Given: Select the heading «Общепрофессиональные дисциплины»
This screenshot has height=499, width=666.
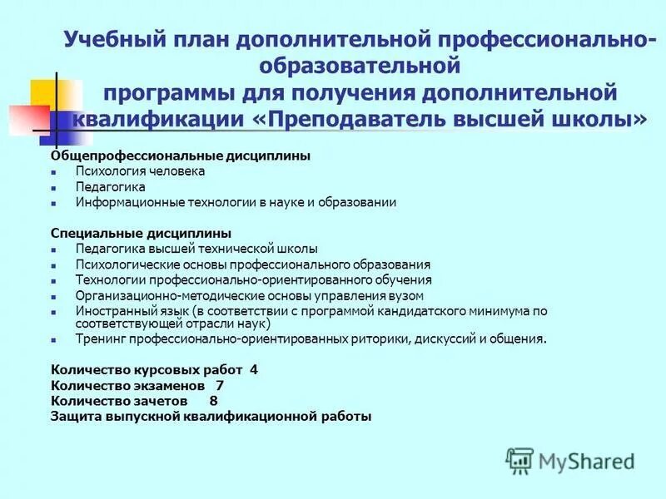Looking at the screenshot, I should (x=181, y=156).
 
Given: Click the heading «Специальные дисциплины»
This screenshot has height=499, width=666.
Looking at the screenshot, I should (x=141, y=233).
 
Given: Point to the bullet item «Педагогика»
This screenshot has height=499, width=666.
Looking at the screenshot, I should (x=110, y=186).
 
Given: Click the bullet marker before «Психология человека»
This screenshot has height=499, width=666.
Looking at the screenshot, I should (x=53, y=172).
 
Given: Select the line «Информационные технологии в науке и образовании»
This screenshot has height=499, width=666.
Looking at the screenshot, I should (x=236, y=202).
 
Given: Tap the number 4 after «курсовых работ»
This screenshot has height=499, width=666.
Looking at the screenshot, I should (x=254, y=369).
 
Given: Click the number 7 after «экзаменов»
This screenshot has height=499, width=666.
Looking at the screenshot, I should (x=219, y=385).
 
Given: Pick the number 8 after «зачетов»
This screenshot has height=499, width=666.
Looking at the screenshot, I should (x=213, y=401).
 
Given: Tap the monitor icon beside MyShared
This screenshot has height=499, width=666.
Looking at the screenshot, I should (x=519, y=460).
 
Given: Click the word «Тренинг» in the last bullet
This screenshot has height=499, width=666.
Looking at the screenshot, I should (x=97, y=339).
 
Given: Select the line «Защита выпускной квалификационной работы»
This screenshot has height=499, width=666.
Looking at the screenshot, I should (x=211, y=416).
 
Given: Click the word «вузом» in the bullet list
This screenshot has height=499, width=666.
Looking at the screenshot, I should (x=407, y=295).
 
